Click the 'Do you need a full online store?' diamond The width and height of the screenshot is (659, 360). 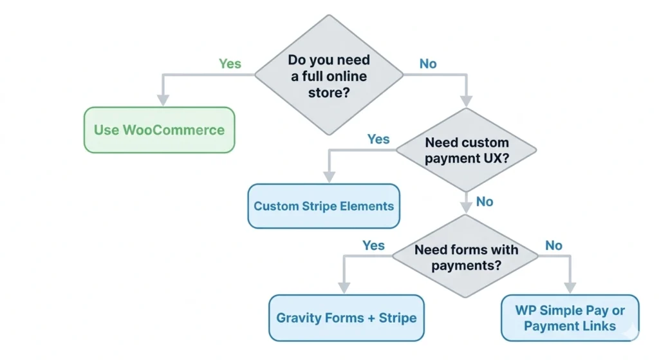coord(329,75)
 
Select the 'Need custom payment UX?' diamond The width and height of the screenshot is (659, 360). coord(466,151)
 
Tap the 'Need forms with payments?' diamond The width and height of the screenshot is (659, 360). coord(466,257)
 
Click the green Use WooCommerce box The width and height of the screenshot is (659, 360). coord(159,130)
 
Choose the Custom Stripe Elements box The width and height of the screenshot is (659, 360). coord(323,206)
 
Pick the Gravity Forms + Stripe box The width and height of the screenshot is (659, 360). coord(346,317)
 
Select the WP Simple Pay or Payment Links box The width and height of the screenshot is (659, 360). coord(570,317)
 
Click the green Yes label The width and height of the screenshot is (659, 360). coord(230,64)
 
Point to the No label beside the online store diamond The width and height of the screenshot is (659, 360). coord(428,64)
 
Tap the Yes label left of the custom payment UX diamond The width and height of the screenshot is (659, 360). coord(378,139)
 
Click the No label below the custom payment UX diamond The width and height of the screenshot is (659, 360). coord(485,202)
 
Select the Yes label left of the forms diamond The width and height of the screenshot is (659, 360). coord(373,245)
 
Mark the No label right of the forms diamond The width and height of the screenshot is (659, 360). coord(553,245)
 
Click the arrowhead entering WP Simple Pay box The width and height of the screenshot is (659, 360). coord(570,287)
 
